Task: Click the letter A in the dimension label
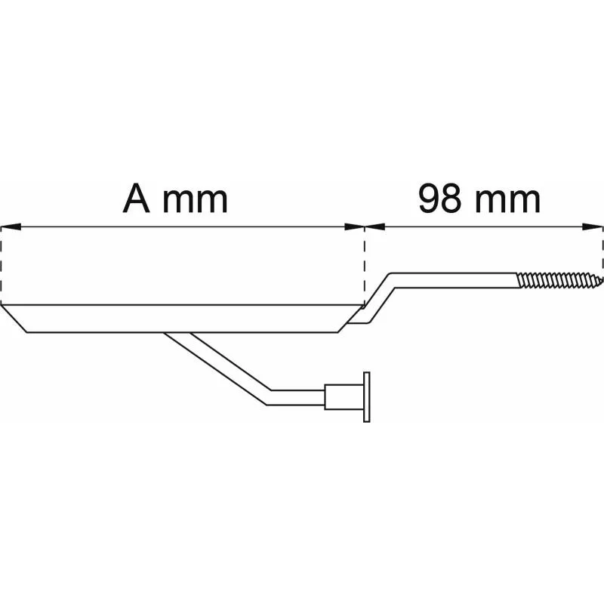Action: [x=136, y=198]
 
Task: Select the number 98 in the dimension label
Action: [x=439, y=199]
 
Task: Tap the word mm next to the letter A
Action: [x=196, y=201]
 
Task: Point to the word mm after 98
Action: [x=507, y=201]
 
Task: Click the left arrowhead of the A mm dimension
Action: [x=11, y=227]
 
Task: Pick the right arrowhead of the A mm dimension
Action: [x=354, y=227]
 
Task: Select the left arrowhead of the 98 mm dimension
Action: [x=374, y=227]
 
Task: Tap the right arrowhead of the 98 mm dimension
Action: [x=593, y=227]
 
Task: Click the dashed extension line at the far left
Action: [x=2, y=266]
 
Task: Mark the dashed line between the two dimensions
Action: [x=365, y=267]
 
